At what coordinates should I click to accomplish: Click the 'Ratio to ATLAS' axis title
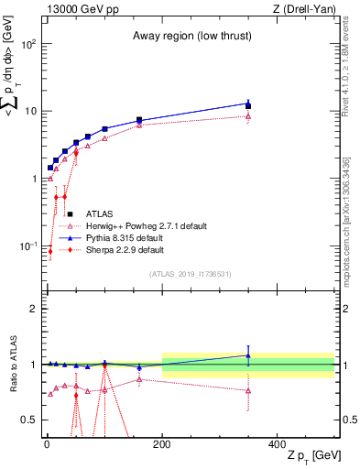pos(11,365)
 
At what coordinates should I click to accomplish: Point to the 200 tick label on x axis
pos(162,444)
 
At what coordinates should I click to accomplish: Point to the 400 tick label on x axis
pos(278,444)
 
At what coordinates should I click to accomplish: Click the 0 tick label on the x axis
pos(47,444)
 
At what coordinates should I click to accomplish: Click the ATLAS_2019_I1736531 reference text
pos(191,274)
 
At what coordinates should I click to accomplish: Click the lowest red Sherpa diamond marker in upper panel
pos(50,251)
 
